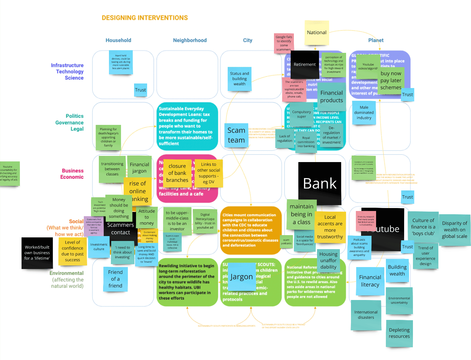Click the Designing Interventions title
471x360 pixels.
(145, 18)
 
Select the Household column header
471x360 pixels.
(118, 40)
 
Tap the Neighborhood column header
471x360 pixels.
(190, 40)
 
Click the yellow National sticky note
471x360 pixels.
(317, 32)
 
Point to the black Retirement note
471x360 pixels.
(305, 65)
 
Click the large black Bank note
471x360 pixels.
(320, 183)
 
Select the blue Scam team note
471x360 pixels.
(236, 135)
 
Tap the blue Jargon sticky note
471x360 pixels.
(241, 277)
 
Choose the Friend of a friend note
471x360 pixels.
(115, 279)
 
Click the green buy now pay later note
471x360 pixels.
(391, 80)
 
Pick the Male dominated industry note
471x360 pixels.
(364, 112)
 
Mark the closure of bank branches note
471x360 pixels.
(177, 173)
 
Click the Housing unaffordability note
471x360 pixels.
(328, 260)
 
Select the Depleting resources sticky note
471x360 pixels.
(399, 333)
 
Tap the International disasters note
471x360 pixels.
(366, 315)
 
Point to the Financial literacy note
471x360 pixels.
(370, 281)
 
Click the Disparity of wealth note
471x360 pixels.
(454, 230)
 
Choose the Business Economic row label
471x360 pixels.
(72, 174)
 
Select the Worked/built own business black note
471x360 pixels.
(37, 253)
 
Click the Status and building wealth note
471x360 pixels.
(239, 79)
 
